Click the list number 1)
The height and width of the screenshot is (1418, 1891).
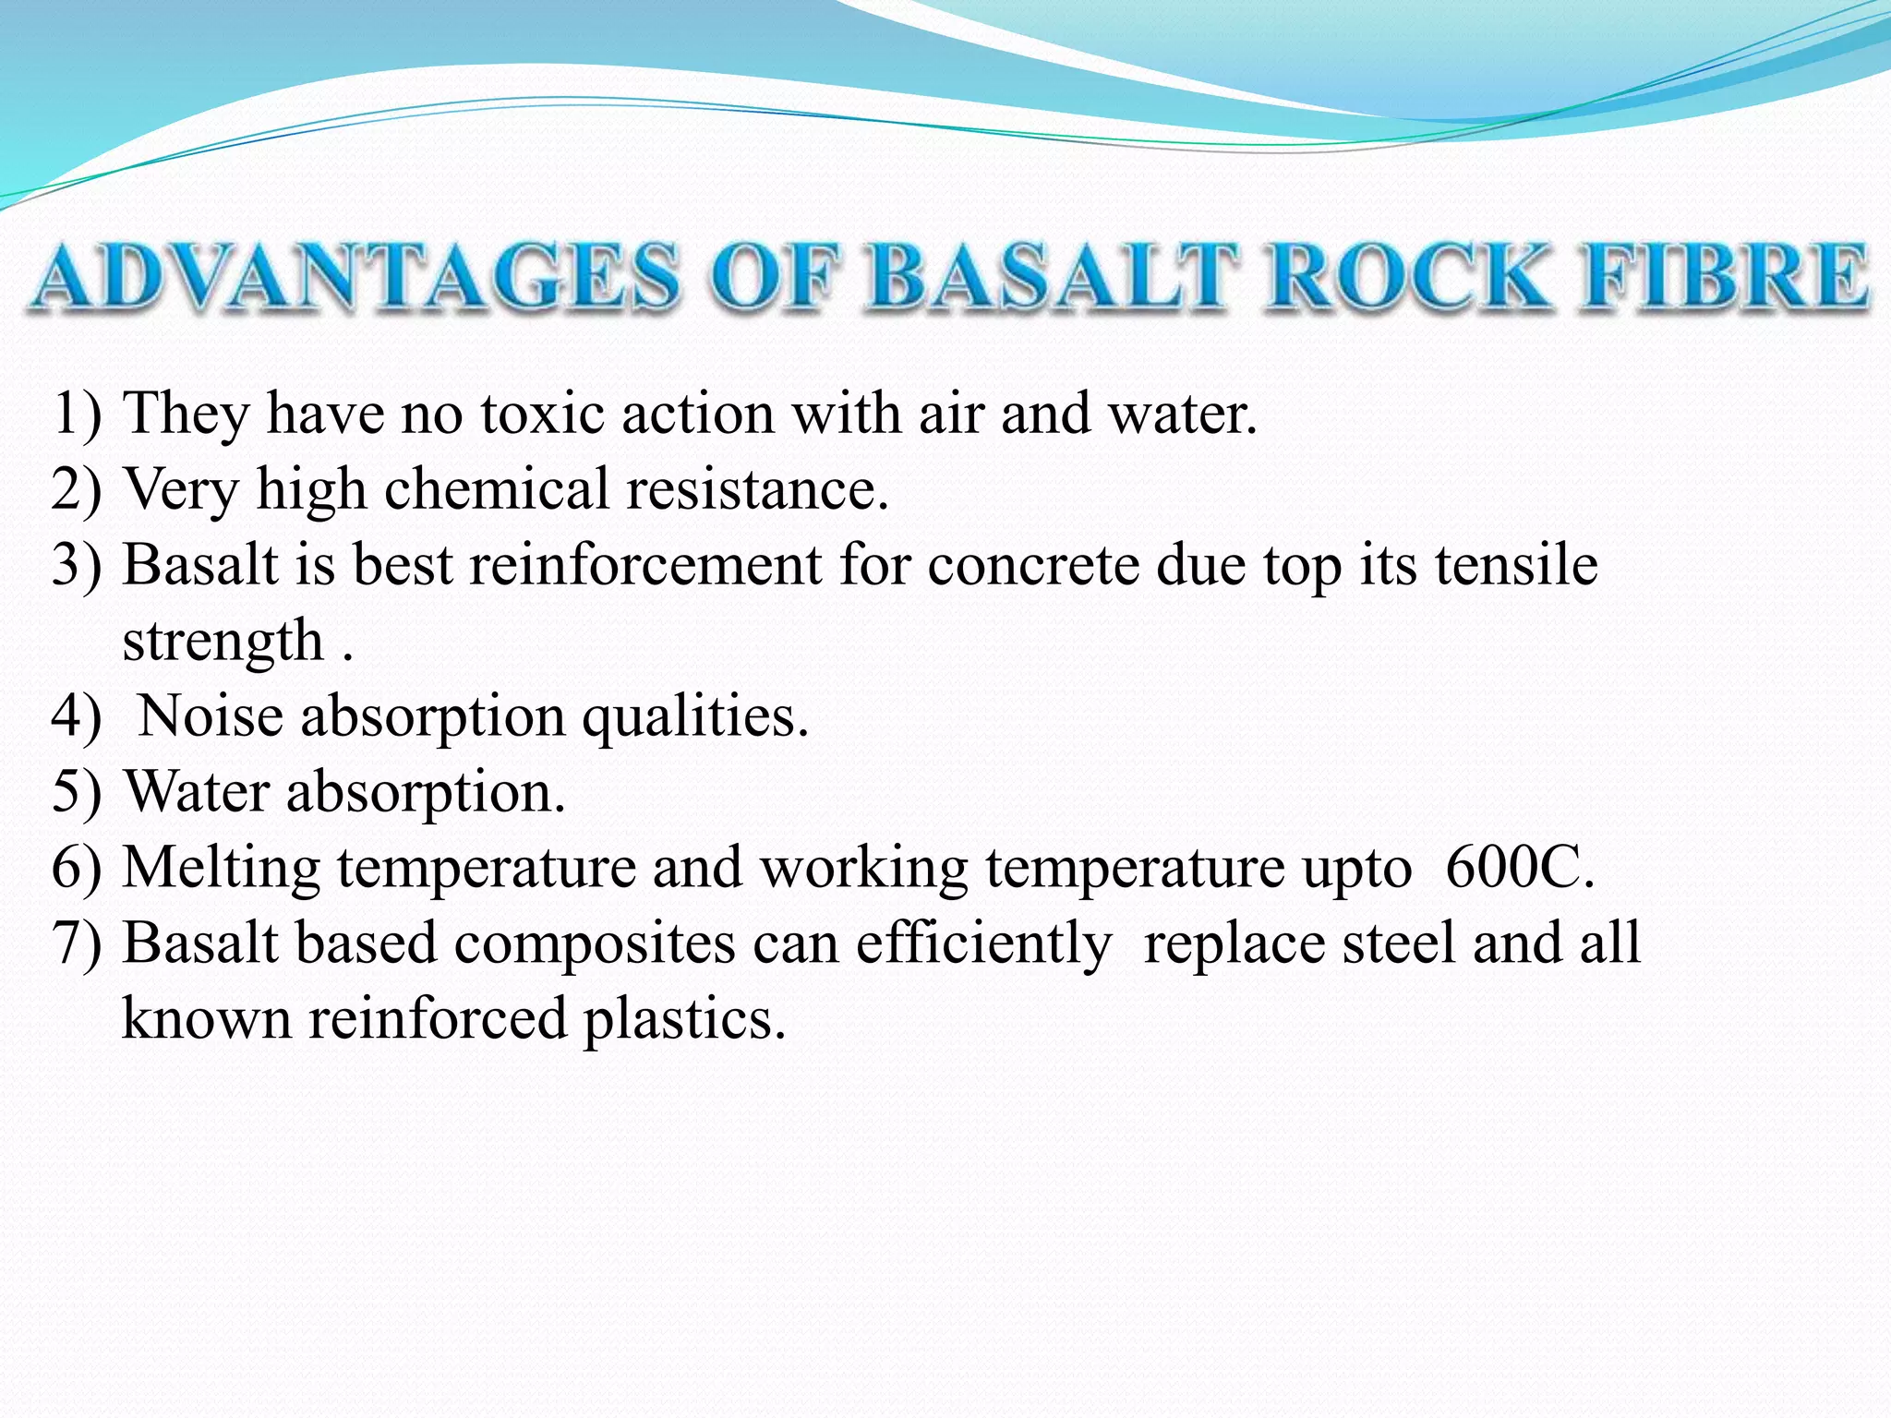[x=76, y=413]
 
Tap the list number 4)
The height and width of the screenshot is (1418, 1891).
[x=76, y=715]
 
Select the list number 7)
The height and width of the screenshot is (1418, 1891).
[x=76, y=943]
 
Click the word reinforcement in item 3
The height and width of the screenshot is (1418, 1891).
[x=645, y=564]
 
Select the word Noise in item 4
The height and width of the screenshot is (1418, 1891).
[x=211, y=715]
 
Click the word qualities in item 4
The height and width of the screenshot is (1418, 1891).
[x=694, y=715]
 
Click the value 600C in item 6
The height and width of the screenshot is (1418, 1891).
[x=1518, y=867]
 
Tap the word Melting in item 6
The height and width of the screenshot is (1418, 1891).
[x=221, y=869]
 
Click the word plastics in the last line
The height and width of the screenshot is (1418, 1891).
[x=683, y=1019]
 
